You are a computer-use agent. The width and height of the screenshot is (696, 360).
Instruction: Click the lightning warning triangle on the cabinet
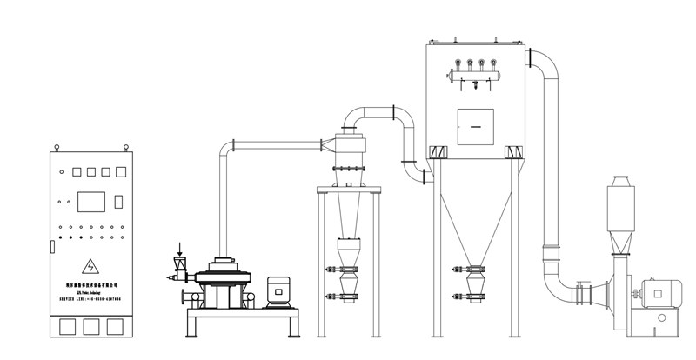click(x=90, y=265)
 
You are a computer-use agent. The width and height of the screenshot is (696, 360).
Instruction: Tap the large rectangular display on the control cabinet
click(x=91, y=202)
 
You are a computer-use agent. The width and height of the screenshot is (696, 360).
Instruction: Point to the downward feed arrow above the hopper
click(x=180, y=250)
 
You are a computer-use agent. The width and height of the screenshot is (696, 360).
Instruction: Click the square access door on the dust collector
click(x=475, y=127)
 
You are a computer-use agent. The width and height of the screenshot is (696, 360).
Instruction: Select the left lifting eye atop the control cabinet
click(x=55, y=147)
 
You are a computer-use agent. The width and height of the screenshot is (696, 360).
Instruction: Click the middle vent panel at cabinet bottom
click(x=91, y=327)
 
